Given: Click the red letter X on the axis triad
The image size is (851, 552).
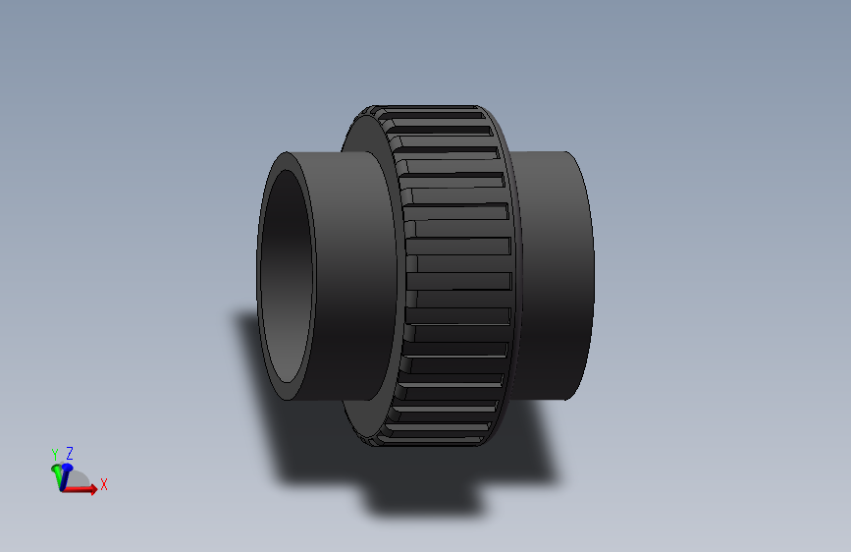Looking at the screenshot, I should [x=103, y=484].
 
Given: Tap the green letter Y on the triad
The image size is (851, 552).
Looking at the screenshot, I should [x=55, y=454].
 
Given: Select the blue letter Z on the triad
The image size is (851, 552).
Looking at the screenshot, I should [x=70, y=453].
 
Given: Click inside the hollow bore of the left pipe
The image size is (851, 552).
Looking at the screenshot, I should [x=287, y=275].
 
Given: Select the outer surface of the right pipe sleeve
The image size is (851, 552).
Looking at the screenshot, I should [x=555, y=275].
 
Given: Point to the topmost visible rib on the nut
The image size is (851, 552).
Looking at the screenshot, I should [x=432, y=110].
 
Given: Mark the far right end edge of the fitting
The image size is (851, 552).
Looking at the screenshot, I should [x=592, y=275].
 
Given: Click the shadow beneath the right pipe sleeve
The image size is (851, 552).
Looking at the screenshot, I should [x=530, y=442].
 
